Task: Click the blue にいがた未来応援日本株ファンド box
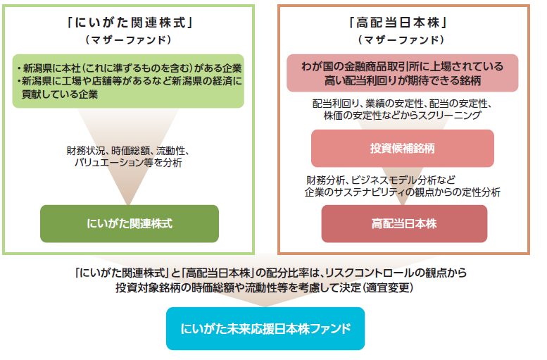click(x=265, y=328)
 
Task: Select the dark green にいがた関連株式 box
click(x=130, y=223)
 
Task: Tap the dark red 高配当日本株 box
click(x=404, y=223)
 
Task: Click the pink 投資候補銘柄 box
click(x=402, y=149)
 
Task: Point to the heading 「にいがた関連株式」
click(x=130, y=23)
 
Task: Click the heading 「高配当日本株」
click(x=398, y=23)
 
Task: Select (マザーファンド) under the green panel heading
click(x=129, y=40)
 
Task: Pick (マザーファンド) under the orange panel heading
click(x=401, y=40)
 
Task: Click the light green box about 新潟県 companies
click(x=128, y=81)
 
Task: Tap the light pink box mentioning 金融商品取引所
click(x=402, y=73)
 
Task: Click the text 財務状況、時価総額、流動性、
click(x=128, y=151)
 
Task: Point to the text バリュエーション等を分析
click(x=128, y=163)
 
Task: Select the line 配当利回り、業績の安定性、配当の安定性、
click(x=402, y=104)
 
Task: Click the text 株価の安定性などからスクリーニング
click(x=402, y=116)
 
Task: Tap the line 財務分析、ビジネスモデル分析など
click(x=381, y=180)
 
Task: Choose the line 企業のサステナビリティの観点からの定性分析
click(x=402, y=192)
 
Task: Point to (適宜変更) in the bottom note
click(x=388, y=287)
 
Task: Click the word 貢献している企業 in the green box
click(x=60, y=94)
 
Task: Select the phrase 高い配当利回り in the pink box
click(x=357, y=81)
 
